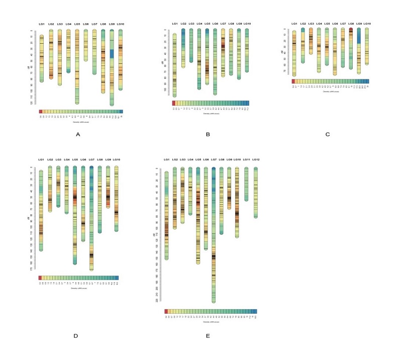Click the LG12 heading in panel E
256,160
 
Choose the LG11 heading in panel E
246,160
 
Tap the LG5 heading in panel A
77,24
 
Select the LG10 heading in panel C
367,24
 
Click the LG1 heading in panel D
41,160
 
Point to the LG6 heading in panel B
215,24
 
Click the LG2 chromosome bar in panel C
303,45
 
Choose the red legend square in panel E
166,312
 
